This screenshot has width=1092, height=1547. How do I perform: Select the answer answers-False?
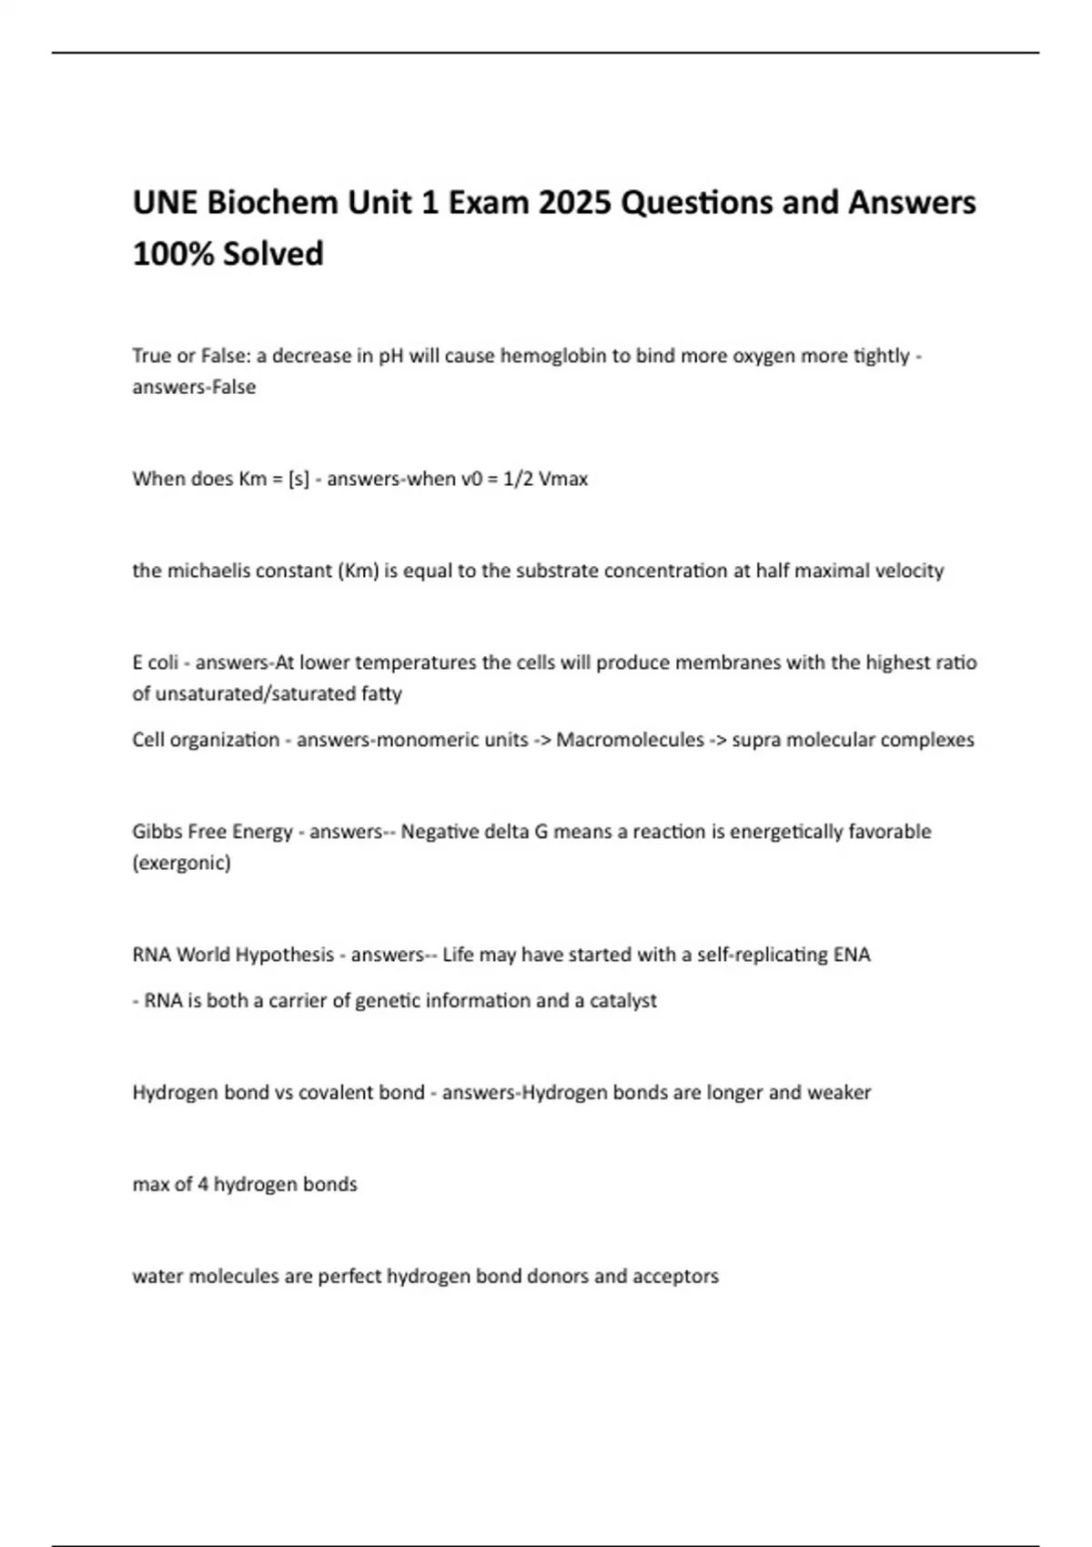tap(194, 387)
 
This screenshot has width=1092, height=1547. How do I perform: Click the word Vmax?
tap(563, 479)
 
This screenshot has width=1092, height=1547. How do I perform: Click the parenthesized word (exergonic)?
tap(182, 863)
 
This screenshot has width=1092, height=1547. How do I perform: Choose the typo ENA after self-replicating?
tap(852, 955)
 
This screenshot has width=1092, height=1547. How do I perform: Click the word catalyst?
tap(623, 1001)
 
